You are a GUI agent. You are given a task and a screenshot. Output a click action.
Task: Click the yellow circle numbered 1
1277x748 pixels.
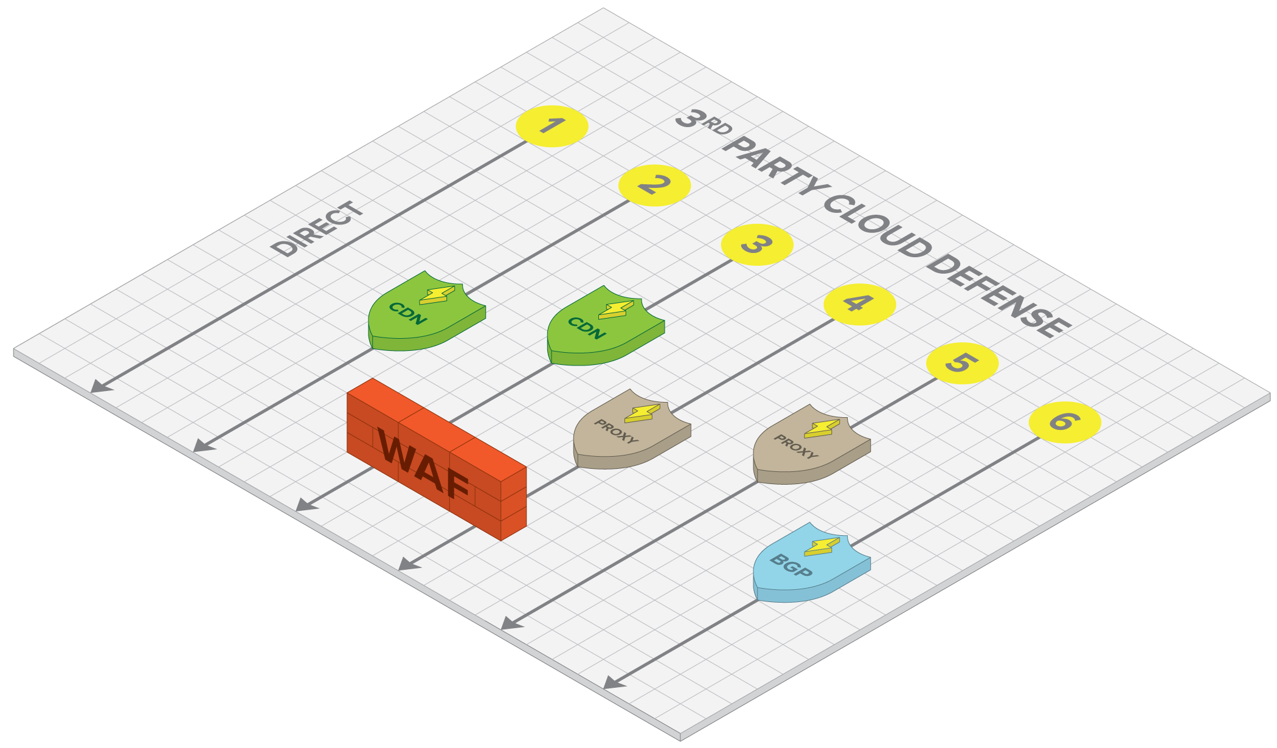point(552,126)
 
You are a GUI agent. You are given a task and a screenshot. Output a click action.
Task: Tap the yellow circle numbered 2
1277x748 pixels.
point(654,185)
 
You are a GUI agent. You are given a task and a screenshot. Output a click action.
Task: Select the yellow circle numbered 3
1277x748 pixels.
point(757,244)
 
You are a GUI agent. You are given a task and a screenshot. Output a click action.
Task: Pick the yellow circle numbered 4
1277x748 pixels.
point(859,304)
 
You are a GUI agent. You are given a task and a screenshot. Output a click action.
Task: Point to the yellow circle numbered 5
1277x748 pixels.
point(962,363)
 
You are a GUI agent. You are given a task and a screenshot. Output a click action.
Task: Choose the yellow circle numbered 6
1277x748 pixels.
point(1065,422)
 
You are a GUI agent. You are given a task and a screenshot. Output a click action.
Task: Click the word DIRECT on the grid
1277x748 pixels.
point(317,229)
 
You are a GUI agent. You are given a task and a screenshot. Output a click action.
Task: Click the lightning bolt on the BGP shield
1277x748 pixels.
point(822,547)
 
